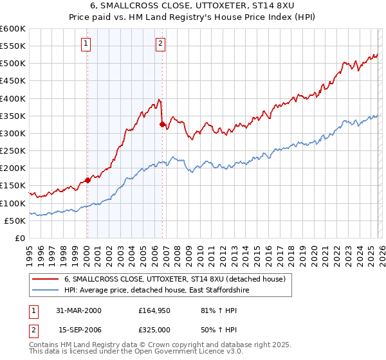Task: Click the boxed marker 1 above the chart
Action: coord(86,44)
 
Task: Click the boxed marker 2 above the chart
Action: coord(160,44)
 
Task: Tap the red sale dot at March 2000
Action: coord(87,180)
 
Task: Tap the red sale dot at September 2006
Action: coord(162,124)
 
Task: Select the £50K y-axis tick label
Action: coord(15,221)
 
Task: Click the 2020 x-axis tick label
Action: coord(313,253)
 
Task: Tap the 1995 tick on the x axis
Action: coord(30,253)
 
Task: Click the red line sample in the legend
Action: coord(46,280)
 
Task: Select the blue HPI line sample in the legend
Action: coord(46,291)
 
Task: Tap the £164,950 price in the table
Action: coord(154,311)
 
